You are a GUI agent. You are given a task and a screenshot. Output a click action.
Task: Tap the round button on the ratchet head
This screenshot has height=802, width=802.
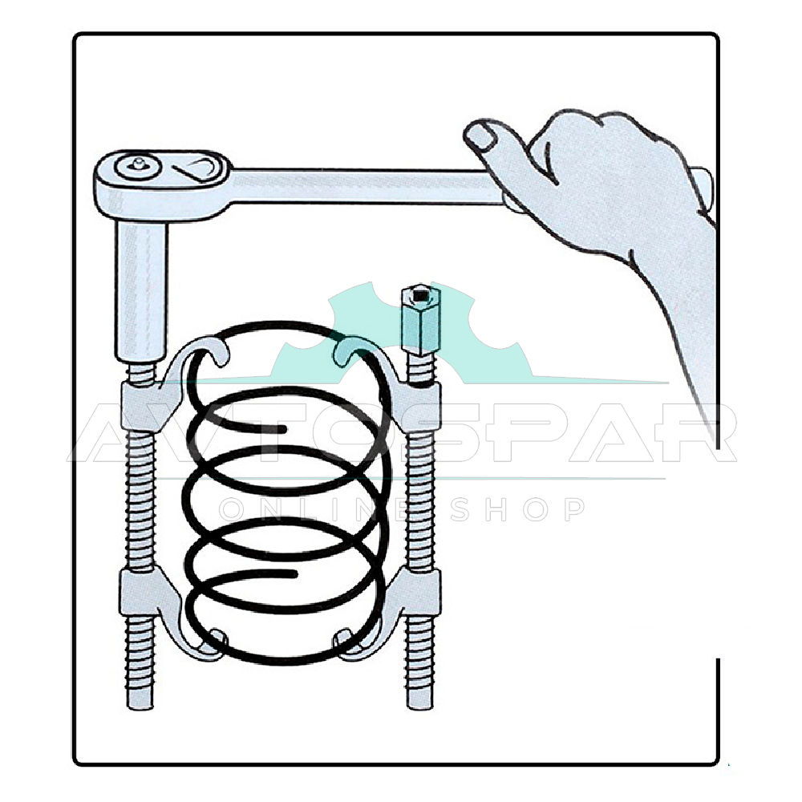[x=138, y=166]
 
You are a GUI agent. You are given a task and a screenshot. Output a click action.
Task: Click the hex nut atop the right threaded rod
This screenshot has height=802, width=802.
[x=420, y=320]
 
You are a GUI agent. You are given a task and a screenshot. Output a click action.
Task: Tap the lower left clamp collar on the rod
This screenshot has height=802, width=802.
[x=138, y=593]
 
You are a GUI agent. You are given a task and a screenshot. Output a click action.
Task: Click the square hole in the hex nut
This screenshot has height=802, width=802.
[x=420, y=295]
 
